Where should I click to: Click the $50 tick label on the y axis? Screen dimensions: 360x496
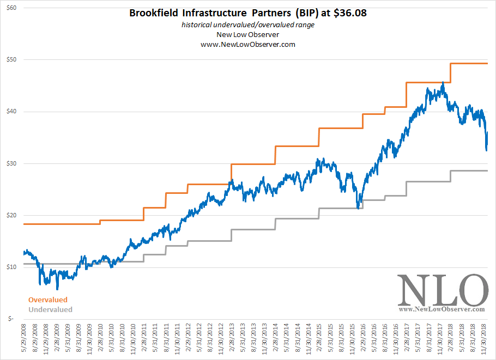(11, 59)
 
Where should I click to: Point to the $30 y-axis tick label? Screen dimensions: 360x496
(11, 163)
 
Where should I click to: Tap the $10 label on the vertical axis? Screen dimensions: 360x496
(11, 267)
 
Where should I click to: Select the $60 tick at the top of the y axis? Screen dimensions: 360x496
(11, 8)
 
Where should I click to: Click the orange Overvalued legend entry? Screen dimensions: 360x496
(48, 300)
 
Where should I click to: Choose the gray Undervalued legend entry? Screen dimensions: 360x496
(50, 309)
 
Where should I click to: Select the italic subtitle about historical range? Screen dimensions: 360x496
(248, 26)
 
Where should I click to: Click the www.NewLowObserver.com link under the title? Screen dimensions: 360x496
(248, 44)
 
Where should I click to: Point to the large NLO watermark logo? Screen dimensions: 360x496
(441, 290)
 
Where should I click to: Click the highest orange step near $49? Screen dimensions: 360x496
(469, 64)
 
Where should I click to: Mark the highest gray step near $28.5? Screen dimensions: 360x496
(469, 171)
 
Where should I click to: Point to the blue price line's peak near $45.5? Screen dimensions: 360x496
(443, 83)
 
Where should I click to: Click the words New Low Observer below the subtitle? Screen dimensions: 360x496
(248, 35)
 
